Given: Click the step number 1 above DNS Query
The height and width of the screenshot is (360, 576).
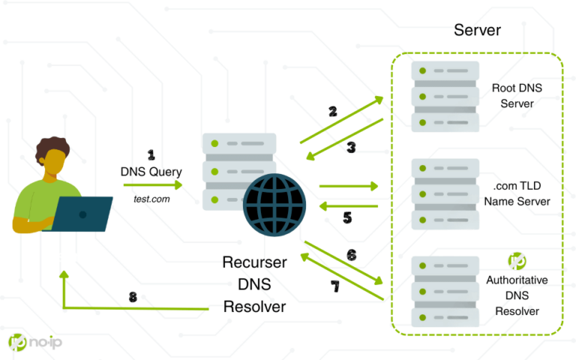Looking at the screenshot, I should pyautogui.click(x=151, y=155).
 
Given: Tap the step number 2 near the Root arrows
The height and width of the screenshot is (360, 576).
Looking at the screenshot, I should pyautogui.click(x=332, y=112).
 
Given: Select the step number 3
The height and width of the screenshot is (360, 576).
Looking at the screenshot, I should pyautogui.click(x=351, y=147).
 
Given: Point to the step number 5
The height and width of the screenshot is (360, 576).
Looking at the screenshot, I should pyautogui.click(x=347, y=218).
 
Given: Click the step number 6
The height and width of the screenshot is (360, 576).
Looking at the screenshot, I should pyautogui.click(x=351, y=254).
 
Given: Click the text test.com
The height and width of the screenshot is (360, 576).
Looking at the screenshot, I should pyautogui.click(x=150, y=199).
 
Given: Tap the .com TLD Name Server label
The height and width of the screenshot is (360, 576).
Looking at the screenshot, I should pyautogui.click(x=517, y=193).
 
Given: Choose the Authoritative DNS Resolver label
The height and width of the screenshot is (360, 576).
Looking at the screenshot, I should pyautogui.click(x=517, y=295).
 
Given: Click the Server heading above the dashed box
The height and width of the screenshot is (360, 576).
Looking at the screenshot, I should pyautogui.click(x=477, y=31).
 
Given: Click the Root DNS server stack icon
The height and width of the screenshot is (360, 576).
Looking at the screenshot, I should pyautogui.click(x=445, y=95).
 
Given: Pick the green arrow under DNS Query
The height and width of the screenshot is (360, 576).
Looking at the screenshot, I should pyautogui.click(x=153, y=184).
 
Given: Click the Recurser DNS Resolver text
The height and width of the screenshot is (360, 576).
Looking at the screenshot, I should pyautogui.click(x=253, y=285).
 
